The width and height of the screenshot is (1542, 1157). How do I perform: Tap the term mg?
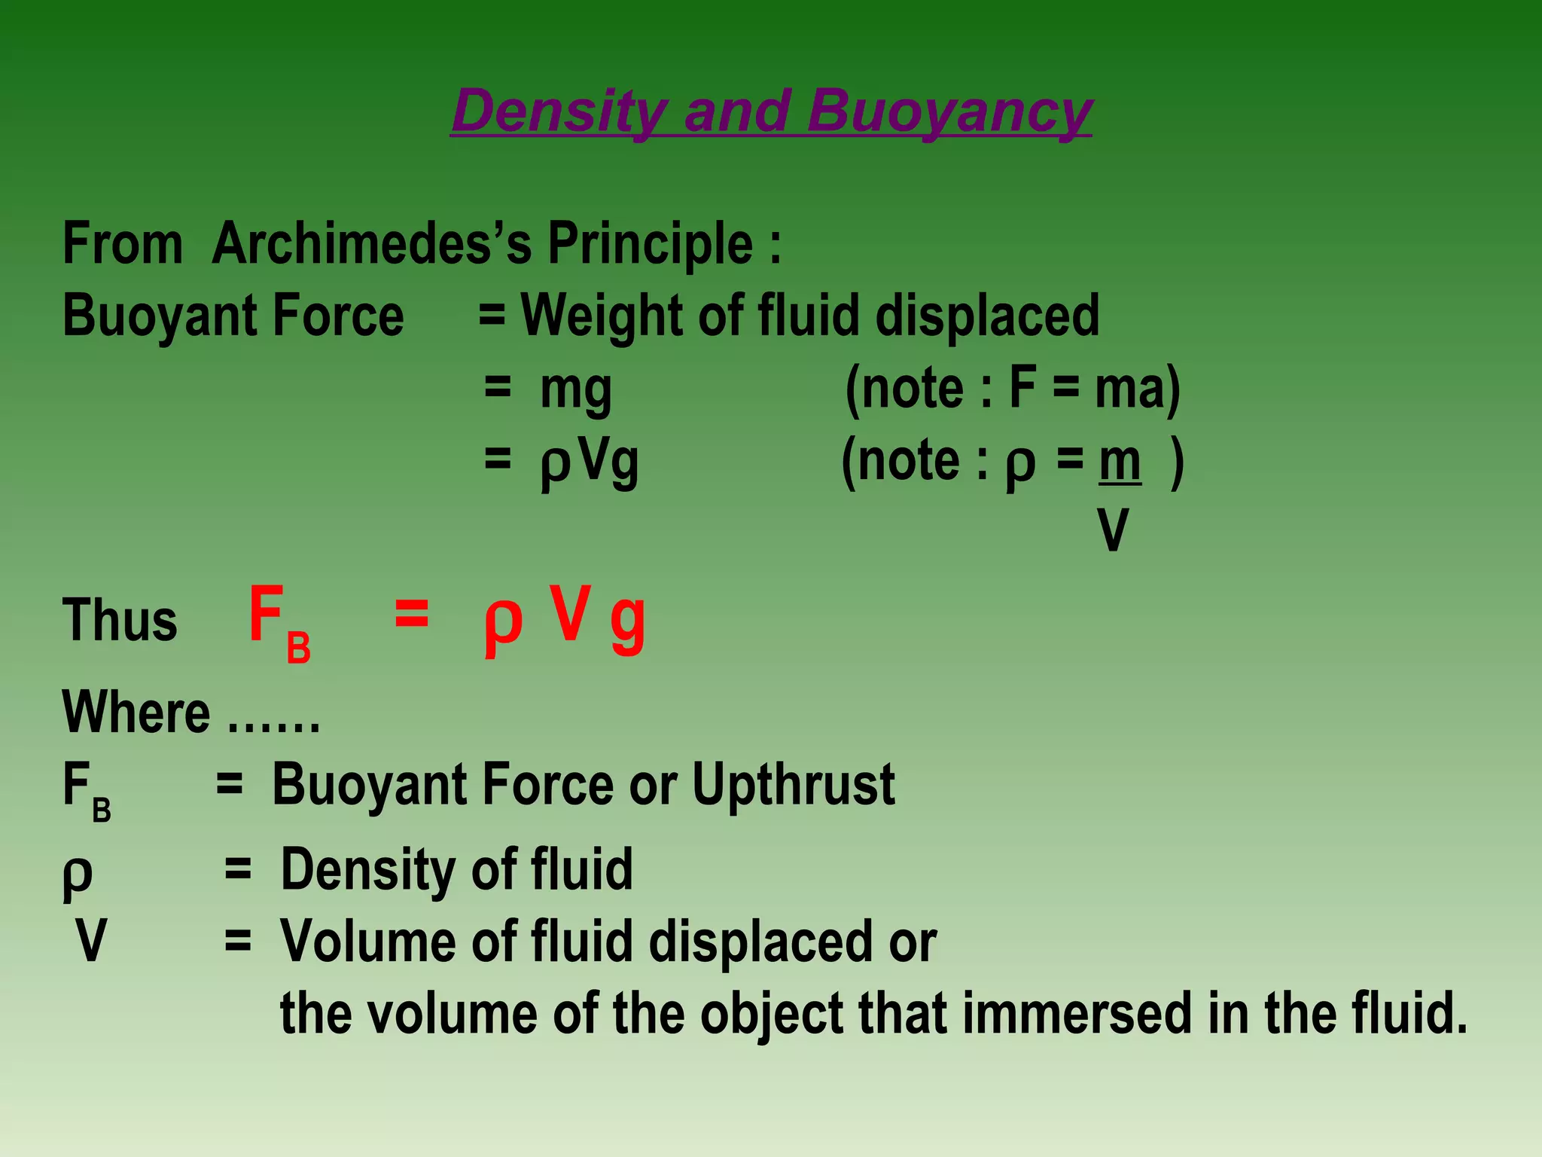[576, 390]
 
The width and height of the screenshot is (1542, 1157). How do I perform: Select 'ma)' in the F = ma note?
[1137, 389]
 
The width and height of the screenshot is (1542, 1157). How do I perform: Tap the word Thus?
[120, 620]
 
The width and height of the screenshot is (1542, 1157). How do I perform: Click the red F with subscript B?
[276, 621]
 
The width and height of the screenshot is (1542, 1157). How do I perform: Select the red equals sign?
[411, 613]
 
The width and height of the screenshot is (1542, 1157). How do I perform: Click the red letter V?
[569, 613]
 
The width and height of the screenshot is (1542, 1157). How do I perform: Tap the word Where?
[136, 712]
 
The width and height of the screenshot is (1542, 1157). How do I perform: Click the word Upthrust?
[794, 785]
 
